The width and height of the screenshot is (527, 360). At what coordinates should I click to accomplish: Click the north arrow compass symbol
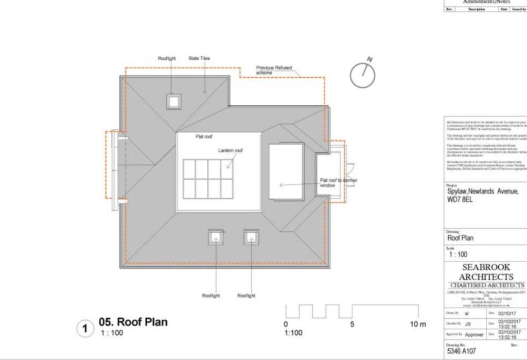[x=363, y=75]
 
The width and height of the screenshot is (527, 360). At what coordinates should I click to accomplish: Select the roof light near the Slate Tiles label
[x=173, y=101]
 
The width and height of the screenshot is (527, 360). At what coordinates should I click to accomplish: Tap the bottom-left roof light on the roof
[x=216, y=237]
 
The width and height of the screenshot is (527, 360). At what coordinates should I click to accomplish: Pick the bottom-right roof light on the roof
[x=251, y=237]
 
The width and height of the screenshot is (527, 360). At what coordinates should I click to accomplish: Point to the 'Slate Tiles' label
[x=199, y=59]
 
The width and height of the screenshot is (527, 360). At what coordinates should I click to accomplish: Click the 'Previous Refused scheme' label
[x=272, y=70]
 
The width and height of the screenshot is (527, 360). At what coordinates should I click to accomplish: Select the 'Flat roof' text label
[x=203, y=137]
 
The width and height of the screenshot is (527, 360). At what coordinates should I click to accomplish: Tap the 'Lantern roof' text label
[x=230, y=150]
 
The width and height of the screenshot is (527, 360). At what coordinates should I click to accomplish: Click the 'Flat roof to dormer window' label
[x=338, y=183]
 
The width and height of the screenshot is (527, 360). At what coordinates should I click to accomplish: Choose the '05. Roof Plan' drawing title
[x=133, y=322]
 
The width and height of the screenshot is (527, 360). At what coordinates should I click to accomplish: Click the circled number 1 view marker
[x=85, y=329]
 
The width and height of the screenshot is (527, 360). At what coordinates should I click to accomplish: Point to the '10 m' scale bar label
[x=418, y=324]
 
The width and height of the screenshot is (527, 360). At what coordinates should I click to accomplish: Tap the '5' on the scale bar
[x=353, y=324]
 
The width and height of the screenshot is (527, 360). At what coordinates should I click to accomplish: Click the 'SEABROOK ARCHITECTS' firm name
[x=486, y=272]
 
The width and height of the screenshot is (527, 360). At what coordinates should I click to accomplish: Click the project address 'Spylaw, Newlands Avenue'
[x=483, y=192]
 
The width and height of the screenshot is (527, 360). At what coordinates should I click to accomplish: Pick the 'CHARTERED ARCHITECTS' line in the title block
[x=486, y=285]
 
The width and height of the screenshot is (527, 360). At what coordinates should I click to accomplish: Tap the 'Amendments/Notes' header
[x=486, y=2]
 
